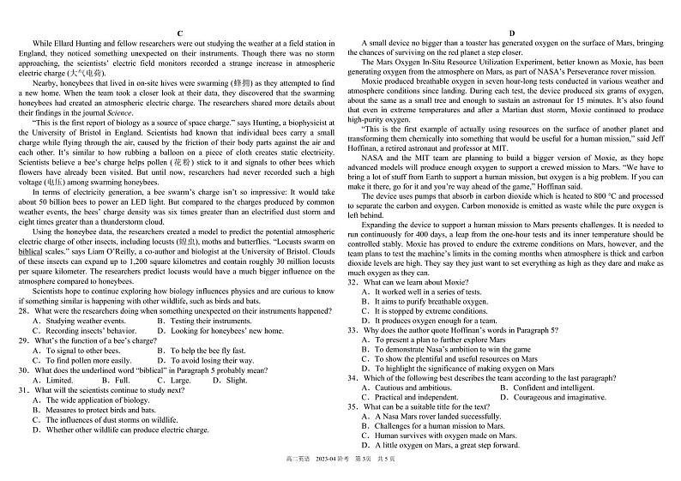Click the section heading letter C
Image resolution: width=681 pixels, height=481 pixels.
[x=179, y=33]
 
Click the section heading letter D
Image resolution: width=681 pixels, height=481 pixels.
[x=511, y=33]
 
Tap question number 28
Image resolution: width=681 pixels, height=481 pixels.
[x=23, y=311]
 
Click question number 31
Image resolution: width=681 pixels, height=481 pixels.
[x=23, y=390]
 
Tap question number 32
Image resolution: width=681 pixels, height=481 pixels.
[x=353, y=282]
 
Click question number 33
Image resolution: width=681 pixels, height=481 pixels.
[x=353, y=330]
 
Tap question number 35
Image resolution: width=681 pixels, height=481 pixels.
[x=353, y=407]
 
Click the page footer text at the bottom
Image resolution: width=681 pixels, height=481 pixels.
[x=340, y=463]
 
